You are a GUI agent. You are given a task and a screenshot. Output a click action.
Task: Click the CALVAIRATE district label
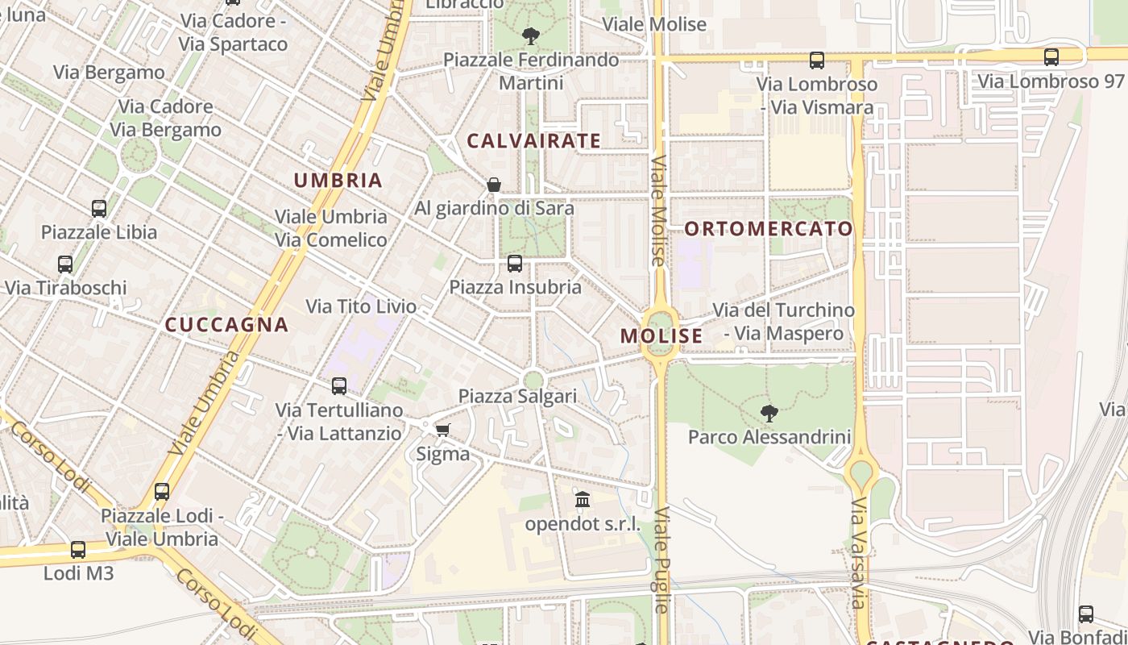click(x=533, y=141)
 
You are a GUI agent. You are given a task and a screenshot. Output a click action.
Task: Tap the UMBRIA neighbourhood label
click(x=338, y=180)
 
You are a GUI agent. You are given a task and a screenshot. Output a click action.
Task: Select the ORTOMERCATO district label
click(x=769, y=228)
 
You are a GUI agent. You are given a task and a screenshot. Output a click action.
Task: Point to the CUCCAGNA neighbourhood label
click(x=226, y=325)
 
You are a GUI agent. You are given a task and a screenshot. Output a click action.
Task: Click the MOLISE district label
click(x=661, y=336)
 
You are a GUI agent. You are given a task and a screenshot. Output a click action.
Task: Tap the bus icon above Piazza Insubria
click(x=514, y=264)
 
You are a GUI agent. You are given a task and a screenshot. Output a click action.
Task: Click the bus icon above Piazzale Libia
click(x=99, y=209)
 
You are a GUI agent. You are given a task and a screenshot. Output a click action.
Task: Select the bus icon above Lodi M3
click(x=78, y=550)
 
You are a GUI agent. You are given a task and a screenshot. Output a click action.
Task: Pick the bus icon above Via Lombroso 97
click(x=1051, y=57)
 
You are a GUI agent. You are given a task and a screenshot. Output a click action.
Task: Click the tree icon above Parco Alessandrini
click(x=769, y=414)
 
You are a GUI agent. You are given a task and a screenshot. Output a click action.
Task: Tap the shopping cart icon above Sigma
click(x=442, y=430)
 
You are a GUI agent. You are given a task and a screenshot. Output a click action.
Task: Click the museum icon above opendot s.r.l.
click(x=583, y=500)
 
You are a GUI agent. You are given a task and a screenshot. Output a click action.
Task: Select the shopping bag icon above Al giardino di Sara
click(x=494, y=185)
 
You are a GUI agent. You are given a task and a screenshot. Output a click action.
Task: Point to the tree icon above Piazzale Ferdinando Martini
click(x=530, y=35)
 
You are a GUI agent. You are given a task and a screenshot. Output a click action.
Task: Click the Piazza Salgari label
click(x=517, y=396)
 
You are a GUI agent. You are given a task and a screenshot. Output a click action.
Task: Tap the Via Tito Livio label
click(x=361, y=306)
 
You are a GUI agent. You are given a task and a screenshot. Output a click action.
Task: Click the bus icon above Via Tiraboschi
click(x=65, y=264)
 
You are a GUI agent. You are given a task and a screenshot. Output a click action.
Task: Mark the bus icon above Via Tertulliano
click(x=339, y=386)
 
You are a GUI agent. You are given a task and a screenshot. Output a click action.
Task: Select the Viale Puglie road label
click(x=661, y=560)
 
